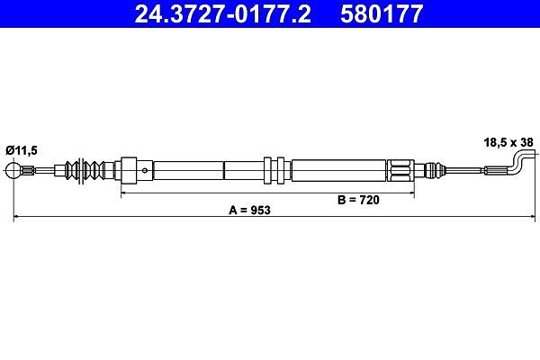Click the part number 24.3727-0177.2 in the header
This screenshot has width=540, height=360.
pyautogui.click(x=223, y=14)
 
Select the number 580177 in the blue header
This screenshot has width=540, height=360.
pyautogui.click(x=382, y=14)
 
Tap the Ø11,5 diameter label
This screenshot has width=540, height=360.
pyautogui.click(x=22, y=150)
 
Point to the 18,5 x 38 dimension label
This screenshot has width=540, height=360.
pyautogui.click(x=508, y=142)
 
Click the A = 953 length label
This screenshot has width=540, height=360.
pyautogui.click(x=249, y=210)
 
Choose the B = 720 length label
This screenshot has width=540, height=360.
pyautogui.click(x=358, y=200)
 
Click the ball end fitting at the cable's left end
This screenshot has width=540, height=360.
pyautogui.click(x=13, y=170)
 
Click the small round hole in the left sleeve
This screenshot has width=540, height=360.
pyautogui.click(x=145, y=170)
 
